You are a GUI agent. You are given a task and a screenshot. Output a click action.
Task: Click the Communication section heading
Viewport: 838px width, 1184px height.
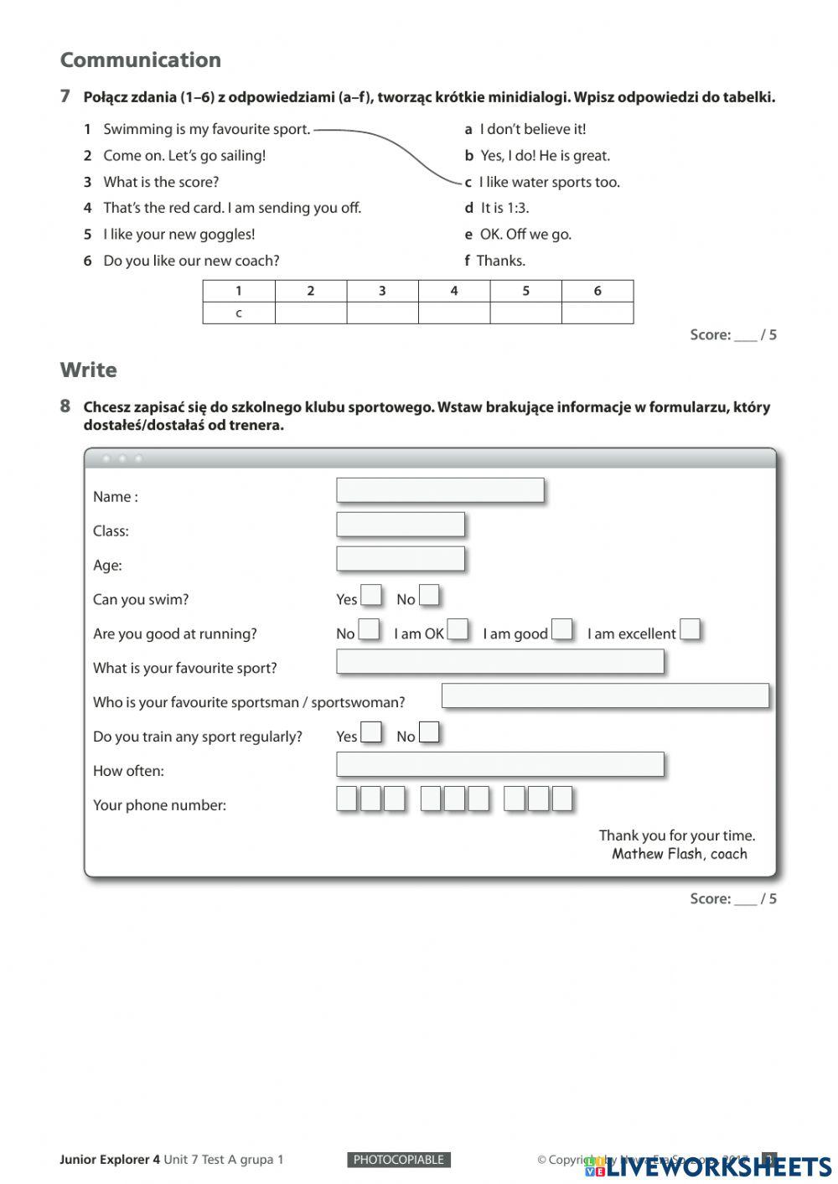pos(140,60)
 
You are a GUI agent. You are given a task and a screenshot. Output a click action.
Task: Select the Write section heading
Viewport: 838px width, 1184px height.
pos(88,370)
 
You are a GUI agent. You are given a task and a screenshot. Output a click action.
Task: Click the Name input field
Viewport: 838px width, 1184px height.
pos(440,490)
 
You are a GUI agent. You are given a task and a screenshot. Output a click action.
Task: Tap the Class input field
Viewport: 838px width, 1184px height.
pos(401,525)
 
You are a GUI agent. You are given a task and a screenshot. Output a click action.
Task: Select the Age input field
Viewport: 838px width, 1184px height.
pos(401,559)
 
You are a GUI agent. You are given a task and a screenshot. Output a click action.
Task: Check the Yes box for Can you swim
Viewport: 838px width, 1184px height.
pos(371,596)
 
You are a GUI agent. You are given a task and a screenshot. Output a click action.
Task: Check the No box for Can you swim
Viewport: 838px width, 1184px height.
pos(429,596)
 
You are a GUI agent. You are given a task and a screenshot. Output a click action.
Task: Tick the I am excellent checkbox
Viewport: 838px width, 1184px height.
pos(690,630)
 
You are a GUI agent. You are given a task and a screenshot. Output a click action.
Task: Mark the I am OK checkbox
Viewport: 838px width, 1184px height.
pos(458,630)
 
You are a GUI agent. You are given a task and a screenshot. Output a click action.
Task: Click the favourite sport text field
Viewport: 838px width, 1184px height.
pos(499,662)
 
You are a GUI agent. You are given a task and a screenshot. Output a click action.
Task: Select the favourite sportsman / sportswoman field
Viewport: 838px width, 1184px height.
pos(604,695)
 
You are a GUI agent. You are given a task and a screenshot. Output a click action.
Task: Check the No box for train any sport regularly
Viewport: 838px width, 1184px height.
pos(429,733)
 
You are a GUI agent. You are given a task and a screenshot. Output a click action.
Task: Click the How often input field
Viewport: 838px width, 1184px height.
pos(499,764)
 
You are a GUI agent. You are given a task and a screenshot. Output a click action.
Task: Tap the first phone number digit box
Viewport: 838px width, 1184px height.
pos(347,799)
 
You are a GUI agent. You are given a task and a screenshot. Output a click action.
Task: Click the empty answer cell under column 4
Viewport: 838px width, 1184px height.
pos(453,313)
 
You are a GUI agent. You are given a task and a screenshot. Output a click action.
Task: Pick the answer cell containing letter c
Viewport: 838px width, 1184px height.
pos(239,313)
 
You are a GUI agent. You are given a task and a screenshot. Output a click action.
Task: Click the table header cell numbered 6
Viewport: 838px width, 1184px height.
pos(597,291)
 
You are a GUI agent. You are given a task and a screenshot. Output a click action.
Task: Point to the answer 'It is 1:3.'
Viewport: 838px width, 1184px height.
pos(504,208)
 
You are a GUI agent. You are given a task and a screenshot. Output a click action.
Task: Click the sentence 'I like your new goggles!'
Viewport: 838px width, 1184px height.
pos(178,235)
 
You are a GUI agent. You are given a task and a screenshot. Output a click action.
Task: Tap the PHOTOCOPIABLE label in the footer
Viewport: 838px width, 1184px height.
pos(399,1160)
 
